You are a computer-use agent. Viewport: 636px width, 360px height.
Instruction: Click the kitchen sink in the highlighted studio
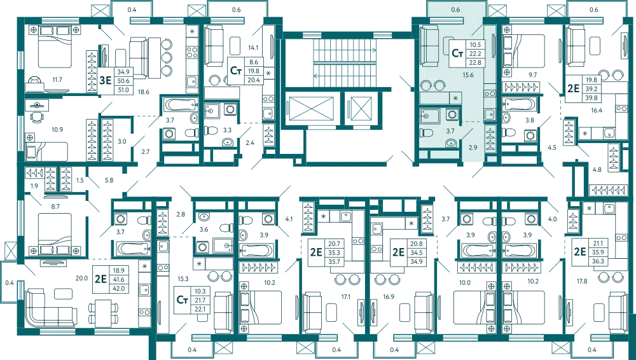[489, 114]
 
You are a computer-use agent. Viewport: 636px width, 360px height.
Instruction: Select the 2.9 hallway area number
[472, 148]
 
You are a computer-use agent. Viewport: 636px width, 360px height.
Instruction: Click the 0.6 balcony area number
[455, 10]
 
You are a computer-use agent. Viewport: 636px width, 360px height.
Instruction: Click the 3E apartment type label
[106, 80]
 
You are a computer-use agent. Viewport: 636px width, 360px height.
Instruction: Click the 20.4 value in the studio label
[254, 80]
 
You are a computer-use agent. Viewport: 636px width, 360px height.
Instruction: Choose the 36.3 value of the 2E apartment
[597, 260]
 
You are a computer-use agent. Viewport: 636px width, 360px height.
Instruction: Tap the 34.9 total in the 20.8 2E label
[416, 261]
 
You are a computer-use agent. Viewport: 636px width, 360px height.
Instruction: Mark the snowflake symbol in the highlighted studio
[455, 98]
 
